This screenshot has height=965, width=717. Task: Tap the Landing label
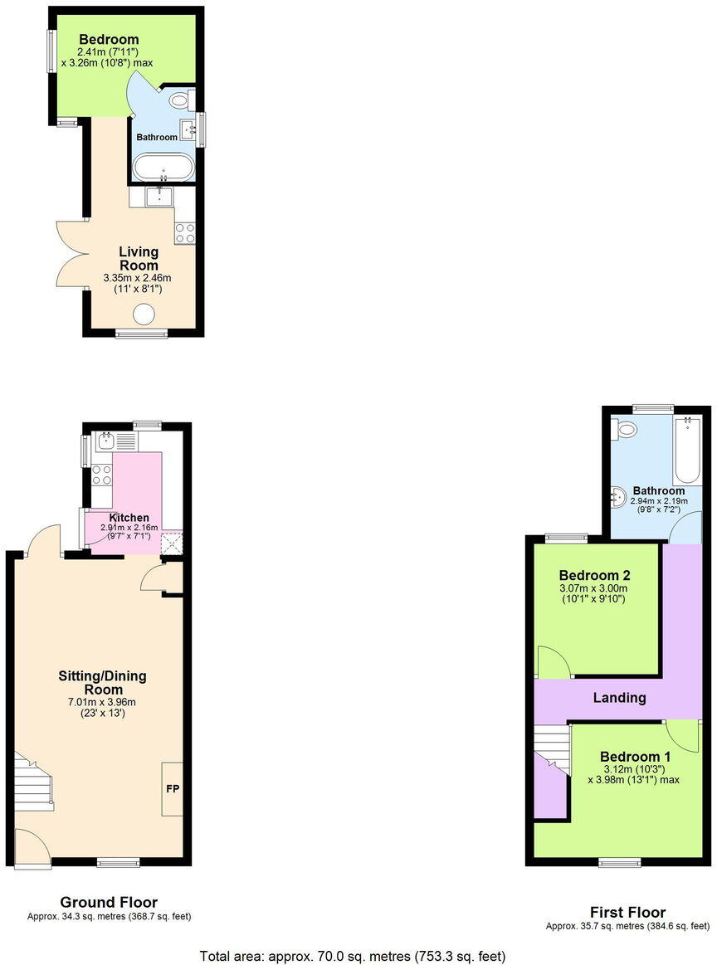pyautogui.click(x=619, y=698)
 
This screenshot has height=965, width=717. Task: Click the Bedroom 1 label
pyautogui.click(x=635, y=757)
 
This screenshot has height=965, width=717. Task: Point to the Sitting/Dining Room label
pyautogui.click(x=103, y=682)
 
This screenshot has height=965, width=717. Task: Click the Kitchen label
pyautogui.click(x=129, y=518)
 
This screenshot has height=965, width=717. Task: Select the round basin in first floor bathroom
pyautogui.click(x=617, y=497)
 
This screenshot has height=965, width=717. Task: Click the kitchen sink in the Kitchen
pyautogui.click(x=109, y=439)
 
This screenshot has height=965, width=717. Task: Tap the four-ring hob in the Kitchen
pyautogui.click(x=101, y=475)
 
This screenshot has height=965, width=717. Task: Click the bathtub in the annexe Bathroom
pyautogui.click(x=164, y=167)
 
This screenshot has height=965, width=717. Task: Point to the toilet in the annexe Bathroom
pyautogui.click(x=179, y=100)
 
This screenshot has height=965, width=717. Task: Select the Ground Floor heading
pyautogui.click(x=109, y=902)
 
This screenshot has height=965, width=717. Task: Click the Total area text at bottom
pyautogui.click(x=353, y=956)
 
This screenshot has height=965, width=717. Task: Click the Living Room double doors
pyautogui.click(x=71, y=253)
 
